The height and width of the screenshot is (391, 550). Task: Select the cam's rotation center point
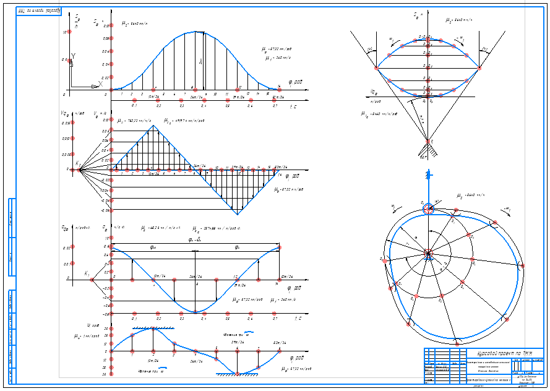[x=428, y=252]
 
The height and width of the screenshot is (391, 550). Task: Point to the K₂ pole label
[x=78, y=163]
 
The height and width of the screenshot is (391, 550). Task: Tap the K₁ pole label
[x=87, y=273]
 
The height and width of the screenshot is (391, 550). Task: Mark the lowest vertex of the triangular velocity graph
[x=236, y=213]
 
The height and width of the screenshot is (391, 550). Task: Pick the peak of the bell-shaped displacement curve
[x=196, y=32]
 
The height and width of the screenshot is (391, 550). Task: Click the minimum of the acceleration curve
[x=196, y=311]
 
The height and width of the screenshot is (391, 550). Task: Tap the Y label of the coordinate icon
[x=73, y=56]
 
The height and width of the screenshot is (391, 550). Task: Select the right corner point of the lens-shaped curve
[x=478, y=69]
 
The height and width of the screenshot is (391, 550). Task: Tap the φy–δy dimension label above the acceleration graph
[x=196, y=240]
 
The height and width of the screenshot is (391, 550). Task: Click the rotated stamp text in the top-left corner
[x=38, y=11]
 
